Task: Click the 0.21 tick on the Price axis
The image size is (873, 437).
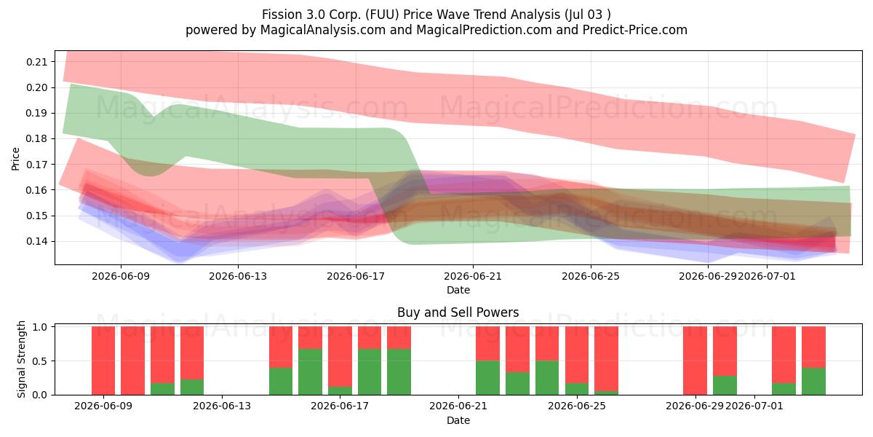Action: pyautogui.click(x=36, y=62)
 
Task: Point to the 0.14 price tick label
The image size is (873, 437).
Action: pyautogui.click(x=36, y=242)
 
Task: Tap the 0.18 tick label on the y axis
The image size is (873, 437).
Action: pyautogui.click(x=36, y=139)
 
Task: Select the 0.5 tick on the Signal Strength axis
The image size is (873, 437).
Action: pyautogui.click(x=40, y=361)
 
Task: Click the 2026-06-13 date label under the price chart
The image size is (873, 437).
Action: pyautogui.click(x=238, y=276)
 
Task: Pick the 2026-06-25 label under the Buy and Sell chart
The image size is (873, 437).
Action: pyautogui.click(x=577, y=406)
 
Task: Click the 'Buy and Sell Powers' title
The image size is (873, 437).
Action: pyautogui.click(x=458, y=312)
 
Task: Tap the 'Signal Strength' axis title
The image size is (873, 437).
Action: pyautogui.click(x=21, y=359)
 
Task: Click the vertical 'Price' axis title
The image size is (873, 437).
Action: pyautogui.click(x=15, y=159)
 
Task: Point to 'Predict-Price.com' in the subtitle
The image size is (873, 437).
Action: pyautogui.click(x=635, y=30)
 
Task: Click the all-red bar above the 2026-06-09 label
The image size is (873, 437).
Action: pyautogui.click(x=103, y=361)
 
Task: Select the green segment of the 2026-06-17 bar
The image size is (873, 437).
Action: pyautogui.click(x=340, y=390)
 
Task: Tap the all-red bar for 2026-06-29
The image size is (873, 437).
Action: pyautogui.click(x=695, y=361)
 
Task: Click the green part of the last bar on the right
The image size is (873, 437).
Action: pyautogui.click(x=813, y=381)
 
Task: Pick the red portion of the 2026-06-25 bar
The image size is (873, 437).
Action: pyautogui.click(x=577, y=355)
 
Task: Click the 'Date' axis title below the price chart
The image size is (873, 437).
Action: pyautogui.click(x=458, y=291)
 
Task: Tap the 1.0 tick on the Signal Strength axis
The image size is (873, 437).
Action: pyautogui.click(x=40, y=327)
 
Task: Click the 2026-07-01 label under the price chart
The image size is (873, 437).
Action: pyautogui.click(x=767, y=276)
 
